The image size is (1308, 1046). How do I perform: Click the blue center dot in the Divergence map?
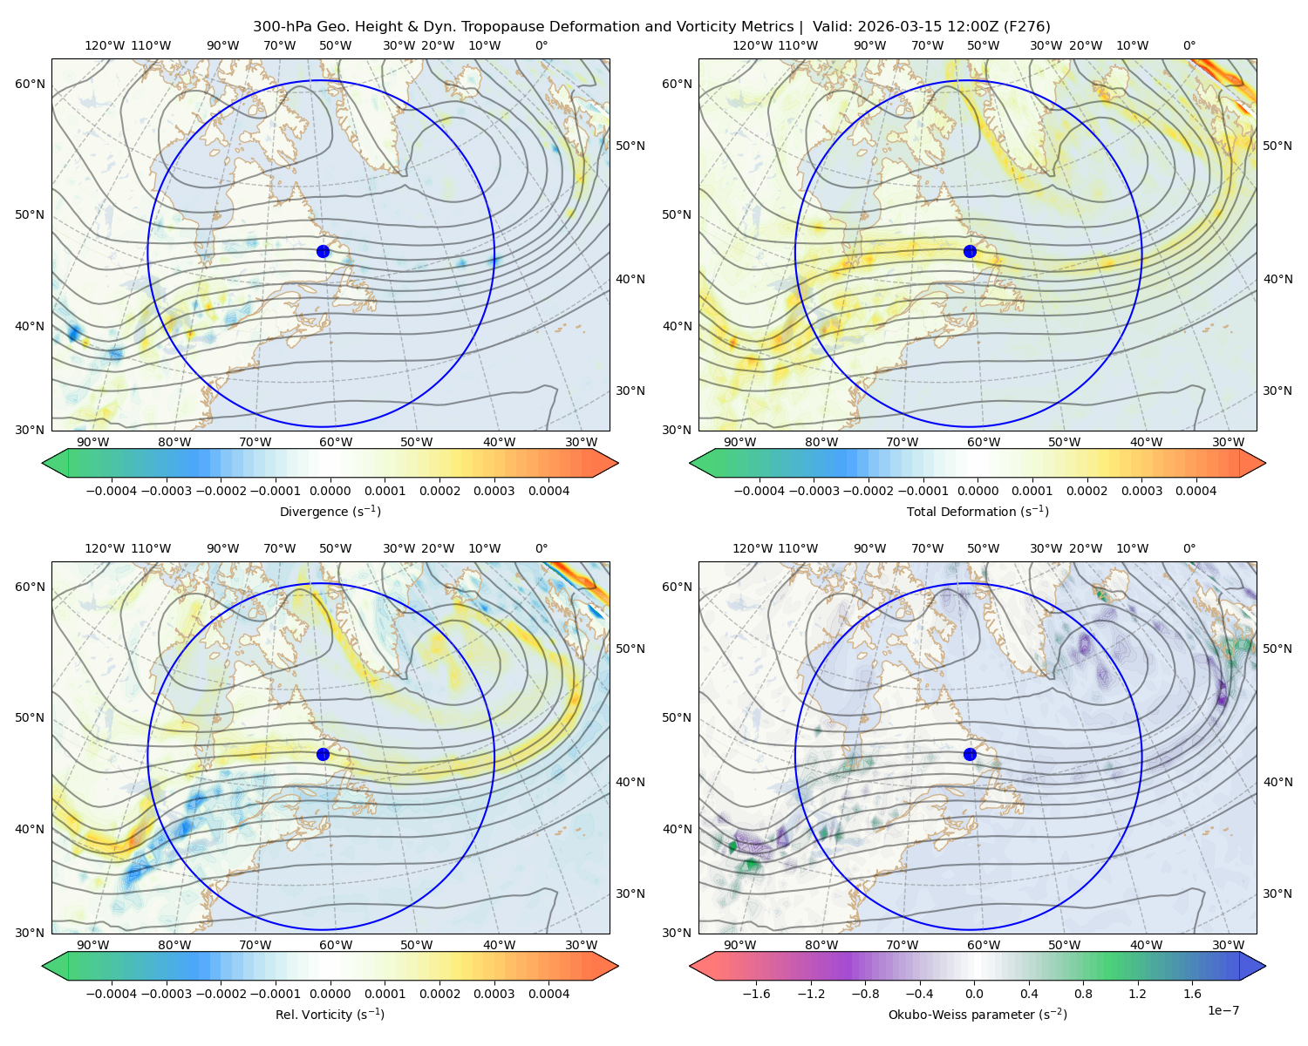click(323, 252)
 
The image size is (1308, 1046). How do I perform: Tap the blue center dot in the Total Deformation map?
click(970, 252)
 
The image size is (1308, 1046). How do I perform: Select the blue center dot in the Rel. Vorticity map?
click(323, 754)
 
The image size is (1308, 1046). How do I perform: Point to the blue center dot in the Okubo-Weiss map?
click(970, 754)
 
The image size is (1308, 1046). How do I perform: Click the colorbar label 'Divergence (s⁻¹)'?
click(330, 512)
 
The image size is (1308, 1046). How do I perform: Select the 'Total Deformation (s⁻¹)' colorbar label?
click(978, 512)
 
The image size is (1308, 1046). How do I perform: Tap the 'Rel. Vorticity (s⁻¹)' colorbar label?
click(330, 1015)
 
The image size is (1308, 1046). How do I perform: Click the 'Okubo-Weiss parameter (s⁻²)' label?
click(978, 1015)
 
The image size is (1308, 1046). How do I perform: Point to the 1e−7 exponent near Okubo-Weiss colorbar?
click(1223, 1011)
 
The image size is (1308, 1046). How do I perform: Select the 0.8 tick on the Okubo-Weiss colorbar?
click(1083, 994)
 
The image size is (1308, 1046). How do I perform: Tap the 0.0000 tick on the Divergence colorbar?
click(330, 491)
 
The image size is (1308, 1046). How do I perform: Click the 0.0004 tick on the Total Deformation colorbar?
click(1196, 491)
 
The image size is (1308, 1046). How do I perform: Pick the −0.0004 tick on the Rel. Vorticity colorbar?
click(112, 994)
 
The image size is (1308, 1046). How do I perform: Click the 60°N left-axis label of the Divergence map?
click(30, 84)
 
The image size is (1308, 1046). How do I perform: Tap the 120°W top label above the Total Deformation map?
click(753, 45)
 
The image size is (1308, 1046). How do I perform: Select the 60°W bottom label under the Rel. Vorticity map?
click(336, 945)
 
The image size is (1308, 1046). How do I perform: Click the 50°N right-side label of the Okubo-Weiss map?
click(1277, 649)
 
